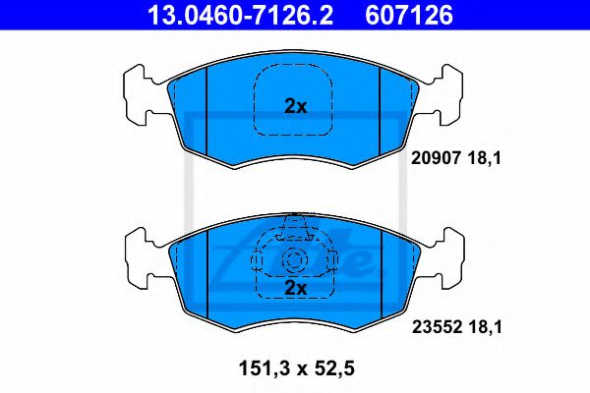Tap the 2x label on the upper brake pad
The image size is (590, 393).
point(295,107)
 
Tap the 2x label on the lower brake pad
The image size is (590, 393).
point(295,287)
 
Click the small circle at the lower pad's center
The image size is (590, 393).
point(294,261)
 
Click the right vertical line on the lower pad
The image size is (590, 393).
point(382,275)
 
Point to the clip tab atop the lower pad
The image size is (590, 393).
point(294,231)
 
